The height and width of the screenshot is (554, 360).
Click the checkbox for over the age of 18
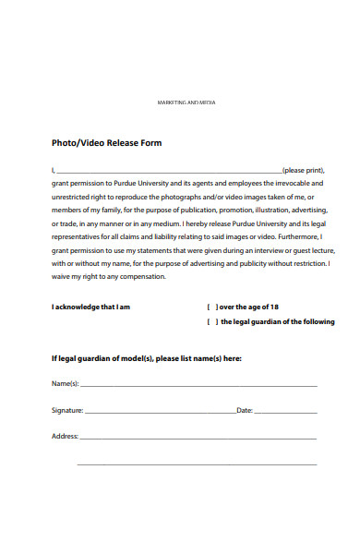[x=211, y=307]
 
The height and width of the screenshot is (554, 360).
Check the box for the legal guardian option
[x=211, y=322]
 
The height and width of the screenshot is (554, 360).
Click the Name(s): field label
[x=65, y=383]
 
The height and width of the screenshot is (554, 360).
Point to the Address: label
[x=65, y=435]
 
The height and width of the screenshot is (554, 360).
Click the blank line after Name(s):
[x=198, y=385]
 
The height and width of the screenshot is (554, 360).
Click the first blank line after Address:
[x=198, y=437]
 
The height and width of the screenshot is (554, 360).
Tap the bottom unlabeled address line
[x=198, y=463]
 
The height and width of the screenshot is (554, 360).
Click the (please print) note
[x=304, y=171]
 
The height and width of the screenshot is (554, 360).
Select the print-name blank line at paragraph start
[x=168, y=173]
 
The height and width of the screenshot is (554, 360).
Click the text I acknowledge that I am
[x=90, y=307]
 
